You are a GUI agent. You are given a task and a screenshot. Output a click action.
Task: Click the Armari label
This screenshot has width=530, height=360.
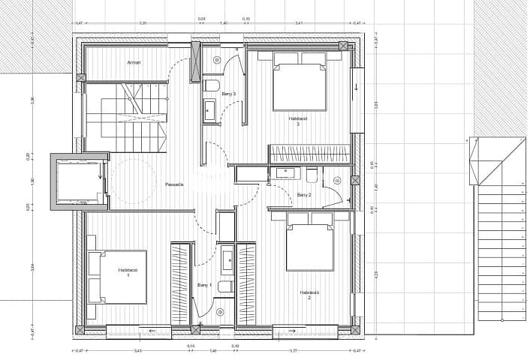pos(134,61)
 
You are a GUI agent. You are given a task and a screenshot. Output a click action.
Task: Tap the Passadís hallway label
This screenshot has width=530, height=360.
pos(175,184)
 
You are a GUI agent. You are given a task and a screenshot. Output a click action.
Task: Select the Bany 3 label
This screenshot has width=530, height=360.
pos(228,94)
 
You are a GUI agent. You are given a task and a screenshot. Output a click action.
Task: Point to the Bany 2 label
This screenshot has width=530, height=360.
pos(304,194)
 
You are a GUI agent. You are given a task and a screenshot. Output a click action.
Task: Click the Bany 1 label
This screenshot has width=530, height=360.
pos(204,285)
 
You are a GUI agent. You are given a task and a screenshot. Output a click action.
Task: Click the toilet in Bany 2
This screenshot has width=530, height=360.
pos(311,175)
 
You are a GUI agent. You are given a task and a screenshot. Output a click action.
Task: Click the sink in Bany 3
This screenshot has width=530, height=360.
pos(209,111)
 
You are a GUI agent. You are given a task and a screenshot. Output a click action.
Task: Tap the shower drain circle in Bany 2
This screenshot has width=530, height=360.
pos(337,180)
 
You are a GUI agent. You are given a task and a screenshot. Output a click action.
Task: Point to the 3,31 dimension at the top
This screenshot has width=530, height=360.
pos(143,22)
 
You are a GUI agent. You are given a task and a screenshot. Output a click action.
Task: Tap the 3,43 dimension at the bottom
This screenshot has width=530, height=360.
pos(137,350)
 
